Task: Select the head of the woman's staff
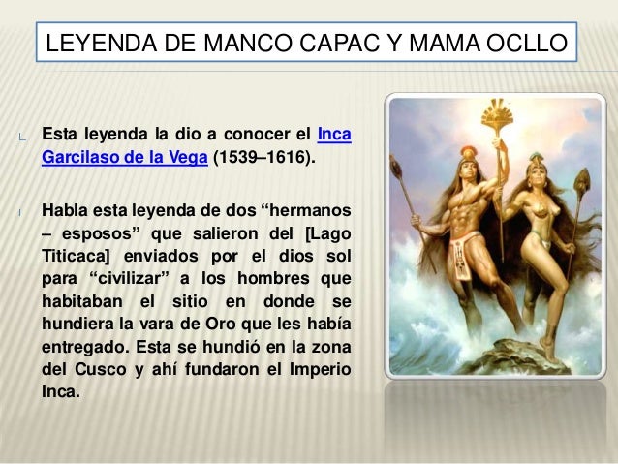pos(581,181)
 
